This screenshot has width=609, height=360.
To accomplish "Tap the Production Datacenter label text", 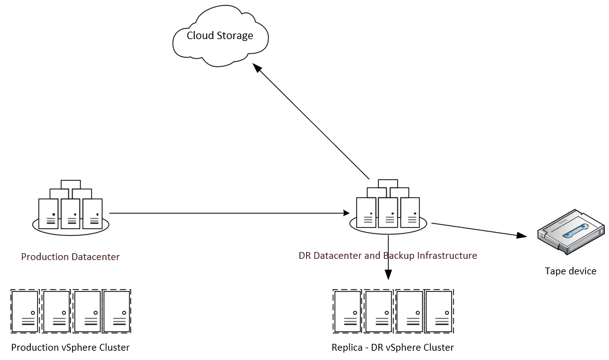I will coord(70,256).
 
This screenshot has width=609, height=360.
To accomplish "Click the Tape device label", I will coord(570,271).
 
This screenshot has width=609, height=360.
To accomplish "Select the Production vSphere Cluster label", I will coord(70,347).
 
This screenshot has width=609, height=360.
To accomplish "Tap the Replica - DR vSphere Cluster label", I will coord(393,347).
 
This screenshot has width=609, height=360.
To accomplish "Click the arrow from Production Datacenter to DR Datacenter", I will coord(230,214).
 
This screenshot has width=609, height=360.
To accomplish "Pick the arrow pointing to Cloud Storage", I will coord(314,124).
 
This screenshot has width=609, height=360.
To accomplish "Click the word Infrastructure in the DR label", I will coord(447,255).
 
